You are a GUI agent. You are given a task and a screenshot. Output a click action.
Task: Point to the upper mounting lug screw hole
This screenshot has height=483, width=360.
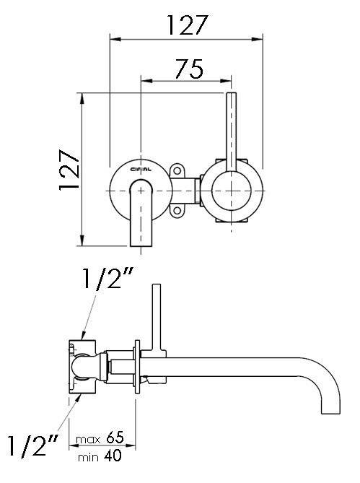pyautogui.click(x=177, y=172)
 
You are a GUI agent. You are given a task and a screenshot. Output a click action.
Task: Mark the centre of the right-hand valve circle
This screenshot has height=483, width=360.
pyautogui.click(x=231, y=191)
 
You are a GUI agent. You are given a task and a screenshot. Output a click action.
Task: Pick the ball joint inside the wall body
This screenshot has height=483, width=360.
pyautogui.click(x=88, y=367)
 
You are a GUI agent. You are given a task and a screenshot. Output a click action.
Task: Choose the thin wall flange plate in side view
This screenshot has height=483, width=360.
pyautogui.click(x=135, y=367)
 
